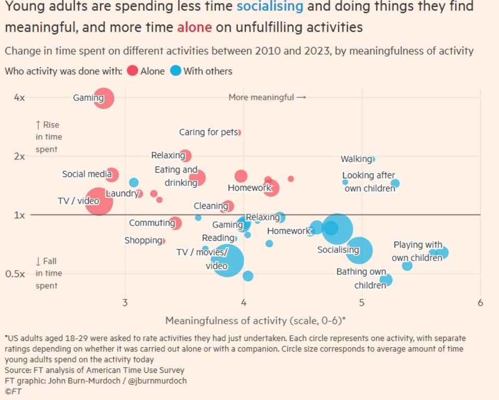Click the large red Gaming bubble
click(104, 98)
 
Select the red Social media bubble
click(112, 175)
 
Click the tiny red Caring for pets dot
click(239, 132)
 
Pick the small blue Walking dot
click(373, 159)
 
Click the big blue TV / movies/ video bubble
click(227, 260)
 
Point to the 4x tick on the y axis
click(19, 98)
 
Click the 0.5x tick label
click(19, 274)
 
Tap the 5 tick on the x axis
click(362, 303)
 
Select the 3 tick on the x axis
click(125, 303)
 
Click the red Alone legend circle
click(132, 71)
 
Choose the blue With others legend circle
click(176, 71)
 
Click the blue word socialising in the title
click(269, 7)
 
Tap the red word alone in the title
click(194, 27)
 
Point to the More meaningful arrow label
click(267, 97)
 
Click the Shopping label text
click(143, 241)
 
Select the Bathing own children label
click(361, 278)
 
